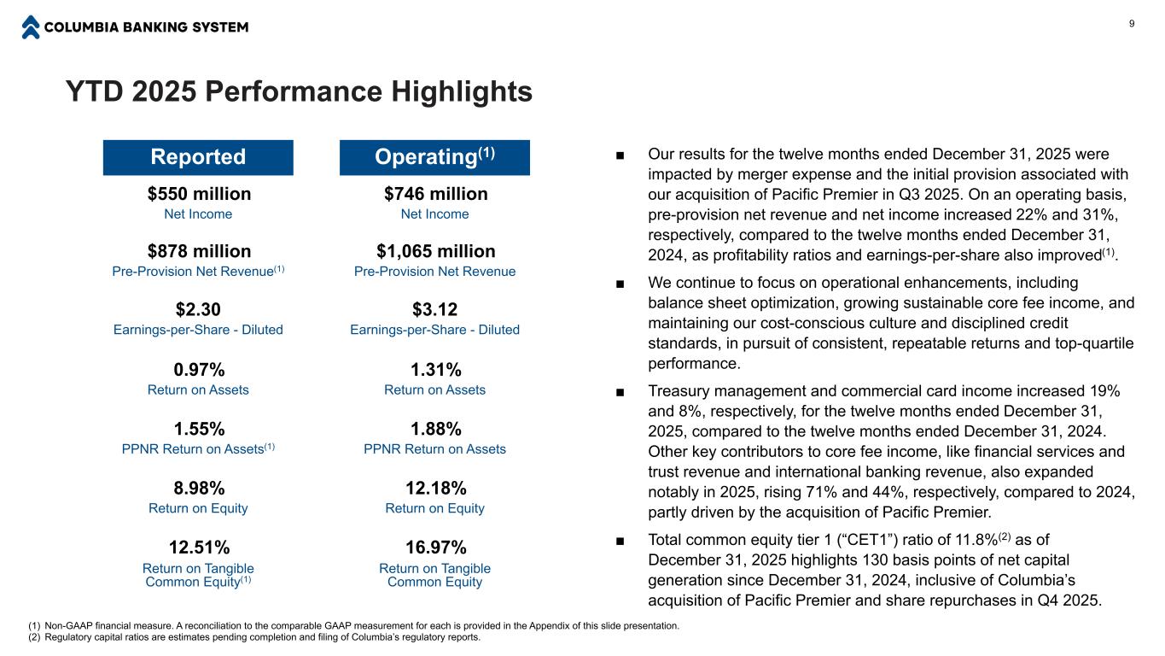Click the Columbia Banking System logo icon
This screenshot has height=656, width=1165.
tap(31, 27)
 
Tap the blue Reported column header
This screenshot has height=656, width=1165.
tap(198, 157)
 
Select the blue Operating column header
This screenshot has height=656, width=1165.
tap(434, 157)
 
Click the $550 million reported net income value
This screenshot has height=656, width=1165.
tap(199, 194)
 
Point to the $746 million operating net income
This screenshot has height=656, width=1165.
tap(435, 194)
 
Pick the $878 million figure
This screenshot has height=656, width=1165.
tap(199, 251)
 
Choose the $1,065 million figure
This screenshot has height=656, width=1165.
tap(435, 251)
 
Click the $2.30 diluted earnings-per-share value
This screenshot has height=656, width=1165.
tap(199, 309)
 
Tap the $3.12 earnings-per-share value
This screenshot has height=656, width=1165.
tap(435, 309)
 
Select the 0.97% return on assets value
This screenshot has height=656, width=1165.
tap(199, 370)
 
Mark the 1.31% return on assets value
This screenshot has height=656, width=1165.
tap(435, 370)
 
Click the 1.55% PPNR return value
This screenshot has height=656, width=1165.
tap(199, 429)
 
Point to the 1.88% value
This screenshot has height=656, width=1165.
tap(435, 429)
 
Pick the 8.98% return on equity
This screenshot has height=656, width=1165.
tap(199, 489)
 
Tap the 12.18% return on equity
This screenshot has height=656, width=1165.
tap(435, 489)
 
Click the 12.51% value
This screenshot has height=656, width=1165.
tap(199, 547)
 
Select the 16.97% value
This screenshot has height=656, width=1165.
tap(435, 547)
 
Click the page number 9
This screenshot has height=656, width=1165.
tap(1132, 23)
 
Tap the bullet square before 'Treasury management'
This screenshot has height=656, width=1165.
tap(620, 391)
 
